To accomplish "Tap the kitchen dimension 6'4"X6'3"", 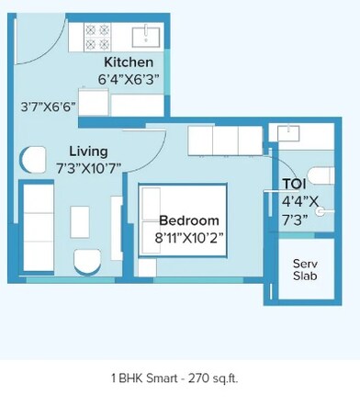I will (x=130, y=79).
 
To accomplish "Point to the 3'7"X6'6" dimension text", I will (x=47, y=106).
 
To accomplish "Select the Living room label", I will (x=88, y=151).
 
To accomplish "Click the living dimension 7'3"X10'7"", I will (x=88, y=167).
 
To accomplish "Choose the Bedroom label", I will (x=188, y=220).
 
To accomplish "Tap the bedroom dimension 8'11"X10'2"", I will (x=188, y=236).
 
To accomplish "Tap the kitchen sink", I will (x=147, y=37).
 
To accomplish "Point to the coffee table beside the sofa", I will (x=79, y=220).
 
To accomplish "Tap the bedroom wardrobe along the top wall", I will (x=225, y=140).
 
